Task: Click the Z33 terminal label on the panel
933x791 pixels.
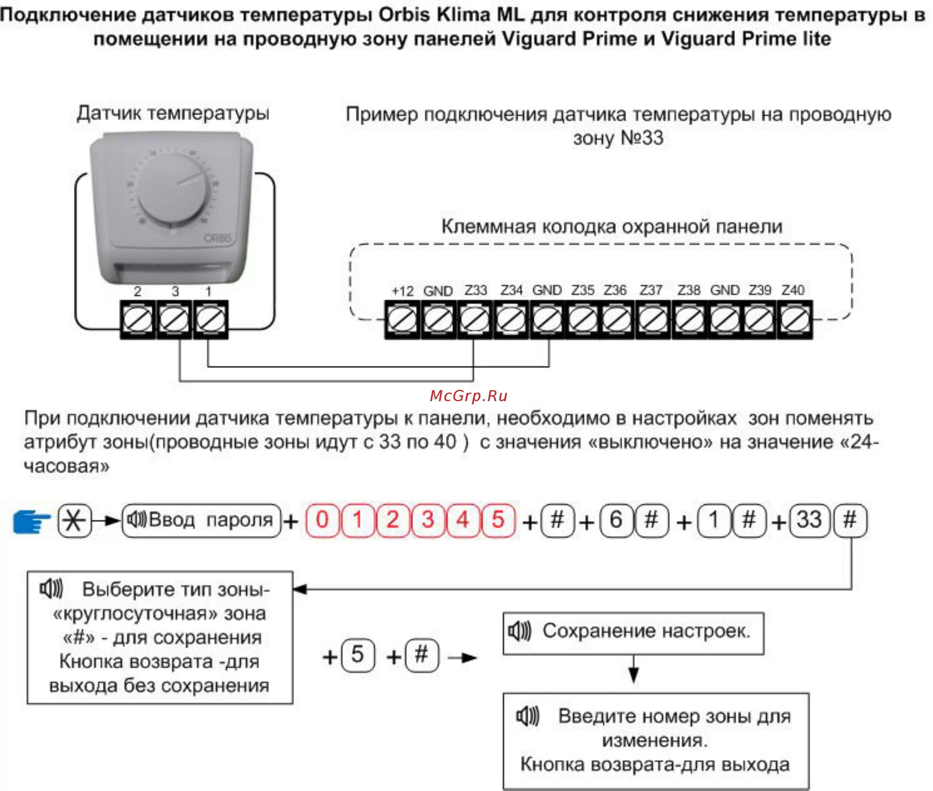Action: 475,290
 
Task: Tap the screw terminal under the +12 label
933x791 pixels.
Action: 402,320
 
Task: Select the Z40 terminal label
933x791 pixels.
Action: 793,290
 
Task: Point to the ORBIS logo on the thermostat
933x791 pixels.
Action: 218,238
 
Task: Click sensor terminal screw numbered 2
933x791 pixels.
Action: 138,320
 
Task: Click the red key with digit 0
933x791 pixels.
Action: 322,521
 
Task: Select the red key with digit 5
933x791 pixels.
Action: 498,521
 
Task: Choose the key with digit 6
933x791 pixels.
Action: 616,521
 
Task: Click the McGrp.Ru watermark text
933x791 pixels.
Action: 468,396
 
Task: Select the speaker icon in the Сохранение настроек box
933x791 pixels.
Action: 520,632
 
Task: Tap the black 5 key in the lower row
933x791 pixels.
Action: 357,655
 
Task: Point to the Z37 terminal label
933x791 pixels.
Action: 651,290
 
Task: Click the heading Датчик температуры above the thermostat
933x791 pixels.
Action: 173,113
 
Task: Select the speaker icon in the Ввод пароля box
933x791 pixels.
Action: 136,520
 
